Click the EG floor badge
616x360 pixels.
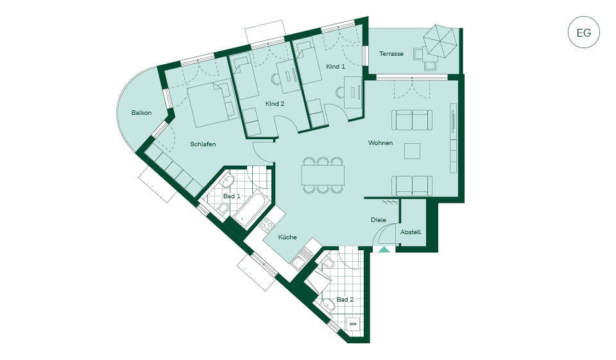click(584, 32)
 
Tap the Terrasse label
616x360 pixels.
click(391, 53)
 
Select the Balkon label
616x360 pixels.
click(141, 113)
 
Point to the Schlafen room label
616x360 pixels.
click(203, 144)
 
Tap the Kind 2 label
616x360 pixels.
click(275, 104)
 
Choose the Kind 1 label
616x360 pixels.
click(336, 67)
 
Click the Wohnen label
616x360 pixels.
click(381, 143)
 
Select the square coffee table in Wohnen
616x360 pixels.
click(412, 151)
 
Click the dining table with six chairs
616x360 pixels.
click(323, 175)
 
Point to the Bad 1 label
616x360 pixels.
click(232, 196)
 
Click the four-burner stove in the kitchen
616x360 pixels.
click(267, 225)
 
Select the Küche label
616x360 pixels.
click(287, 237)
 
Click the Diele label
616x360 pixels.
click(379, 220)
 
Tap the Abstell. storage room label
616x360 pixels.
click(411, 232)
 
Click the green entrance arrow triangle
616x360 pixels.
click(384, 249)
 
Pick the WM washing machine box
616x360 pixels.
click(353, 324)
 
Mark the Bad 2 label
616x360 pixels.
click(345, 300)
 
